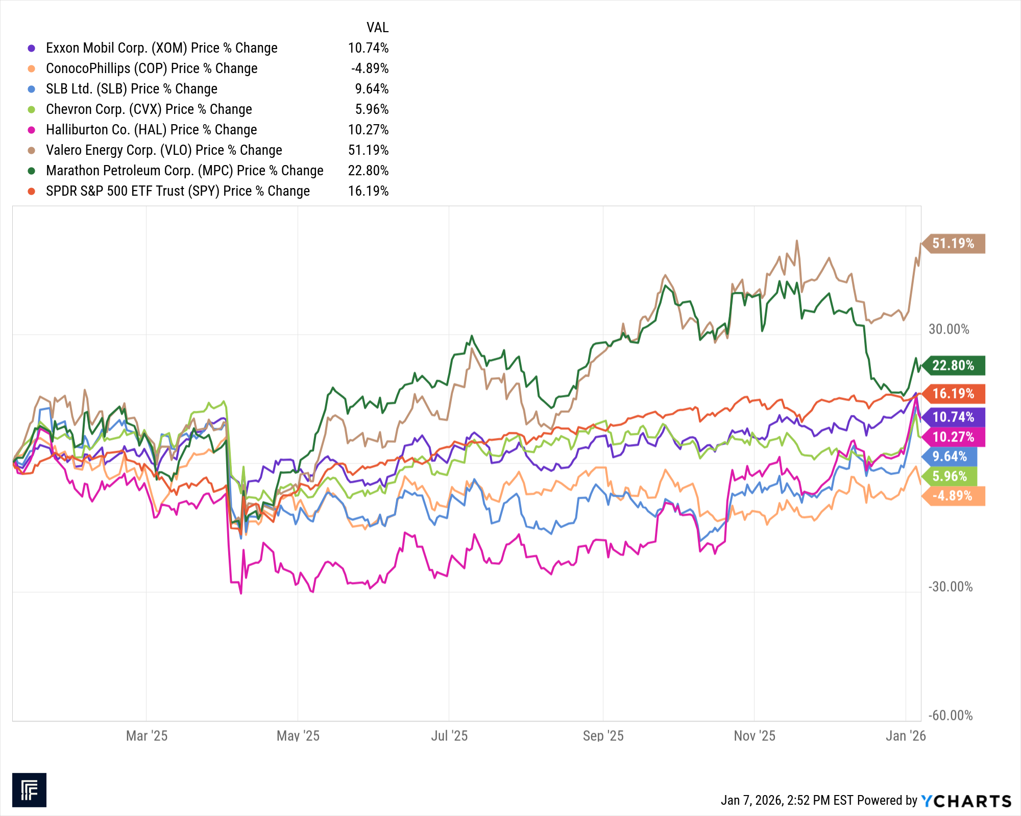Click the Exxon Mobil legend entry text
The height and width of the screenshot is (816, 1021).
161,48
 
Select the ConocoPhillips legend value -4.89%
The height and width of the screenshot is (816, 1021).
370,68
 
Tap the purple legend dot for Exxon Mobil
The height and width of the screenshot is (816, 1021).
32,48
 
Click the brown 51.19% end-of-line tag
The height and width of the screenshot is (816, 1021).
953,244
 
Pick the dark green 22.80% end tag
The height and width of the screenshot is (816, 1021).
953,365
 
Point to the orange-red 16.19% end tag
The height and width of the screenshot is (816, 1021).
953,393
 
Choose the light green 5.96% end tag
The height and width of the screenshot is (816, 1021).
950,476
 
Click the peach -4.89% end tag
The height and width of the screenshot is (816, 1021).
952,496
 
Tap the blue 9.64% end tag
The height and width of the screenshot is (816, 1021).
950,456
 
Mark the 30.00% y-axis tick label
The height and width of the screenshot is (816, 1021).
949,329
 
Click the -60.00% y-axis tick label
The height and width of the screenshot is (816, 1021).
950,715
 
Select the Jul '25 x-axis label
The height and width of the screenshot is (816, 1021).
449,736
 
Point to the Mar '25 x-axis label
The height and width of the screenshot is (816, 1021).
147,736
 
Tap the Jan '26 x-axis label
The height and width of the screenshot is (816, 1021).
906,736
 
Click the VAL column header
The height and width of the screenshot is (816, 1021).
377,28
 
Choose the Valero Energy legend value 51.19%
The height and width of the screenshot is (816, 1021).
368,150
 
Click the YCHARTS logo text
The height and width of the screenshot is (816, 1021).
966,801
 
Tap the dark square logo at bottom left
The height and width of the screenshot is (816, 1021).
29,790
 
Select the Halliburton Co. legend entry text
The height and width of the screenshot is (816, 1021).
151,130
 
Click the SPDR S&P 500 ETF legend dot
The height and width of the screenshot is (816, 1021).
32,191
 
